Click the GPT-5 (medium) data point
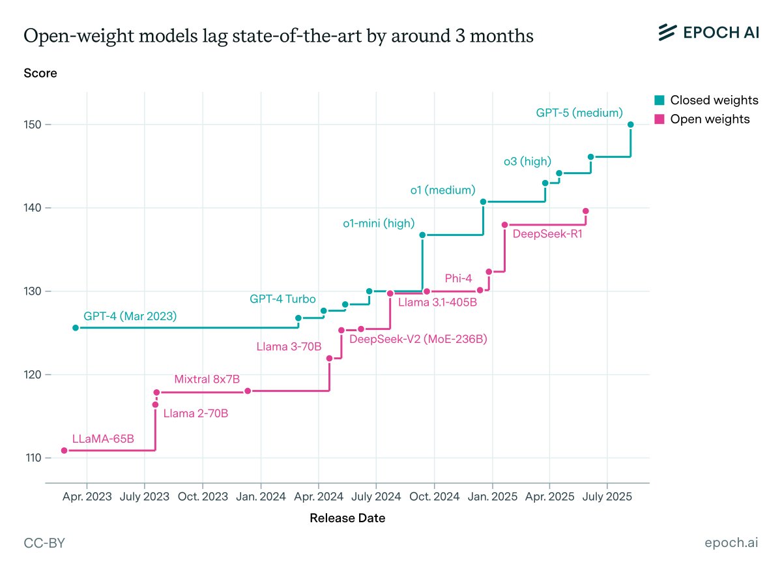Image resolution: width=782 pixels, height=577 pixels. click(x=630, y=125)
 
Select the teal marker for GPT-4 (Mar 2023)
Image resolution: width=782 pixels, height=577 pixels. click(x=76, y=328)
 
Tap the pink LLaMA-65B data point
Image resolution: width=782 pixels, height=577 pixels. click(x=64, y=451)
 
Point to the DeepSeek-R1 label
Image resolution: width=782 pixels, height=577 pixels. click(x=547, y=233)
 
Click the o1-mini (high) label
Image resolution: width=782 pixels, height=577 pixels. click(x=379, y=224)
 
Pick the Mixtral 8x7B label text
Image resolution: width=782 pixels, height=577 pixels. click(x=207, y=379)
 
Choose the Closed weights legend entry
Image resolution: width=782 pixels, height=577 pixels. click(x=706, y=100)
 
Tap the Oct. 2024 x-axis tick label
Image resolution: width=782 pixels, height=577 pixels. click(x=433, y=497)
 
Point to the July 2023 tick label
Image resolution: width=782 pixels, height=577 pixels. click(x=144, y=497)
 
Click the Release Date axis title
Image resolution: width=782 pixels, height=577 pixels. click(x=347, y=519)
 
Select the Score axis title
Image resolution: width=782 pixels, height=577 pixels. click(x=40, y=73)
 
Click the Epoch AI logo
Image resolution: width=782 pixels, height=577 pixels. click(x=708, y=32)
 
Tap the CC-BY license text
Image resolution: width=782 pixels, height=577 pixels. click(x=44, y=544)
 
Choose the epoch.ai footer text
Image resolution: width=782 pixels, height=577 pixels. click(x=731, y=544)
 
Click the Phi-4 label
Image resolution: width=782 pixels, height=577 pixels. click(x=458, y=278)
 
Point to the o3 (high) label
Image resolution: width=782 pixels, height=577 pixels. click(x=528, y=162)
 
